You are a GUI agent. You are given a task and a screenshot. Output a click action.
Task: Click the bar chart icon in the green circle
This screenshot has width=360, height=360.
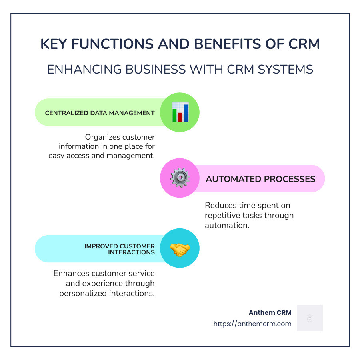(180, 112)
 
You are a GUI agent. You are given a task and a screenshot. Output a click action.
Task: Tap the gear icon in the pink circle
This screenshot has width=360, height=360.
(180, 178)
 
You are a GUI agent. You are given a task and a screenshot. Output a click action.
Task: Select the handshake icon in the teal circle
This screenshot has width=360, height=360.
(180, 249)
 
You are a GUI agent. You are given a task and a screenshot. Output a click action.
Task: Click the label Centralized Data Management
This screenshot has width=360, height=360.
(100, 113)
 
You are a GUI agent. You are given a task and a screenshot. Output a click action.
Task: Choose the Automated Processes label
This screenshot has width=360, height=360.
(260, 179)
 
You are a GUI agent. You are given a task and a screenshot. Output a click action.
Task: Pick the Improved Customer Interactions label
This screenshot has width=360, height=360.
(120, 249)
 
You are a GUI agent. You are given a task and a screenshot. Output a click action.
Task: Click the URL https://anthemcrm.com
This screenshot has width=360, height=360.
(252, 324)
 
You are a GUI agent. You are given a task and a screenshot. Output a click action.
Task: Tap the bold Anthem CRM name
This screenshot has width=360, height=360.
(270, 312)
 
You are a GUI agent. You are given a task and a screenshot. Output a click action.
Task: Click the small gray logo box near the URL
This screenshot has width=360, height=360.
(310, 318)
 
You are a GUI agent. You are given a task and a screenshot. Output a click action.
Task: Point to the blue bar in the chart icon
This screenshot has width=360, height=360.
(186, 113)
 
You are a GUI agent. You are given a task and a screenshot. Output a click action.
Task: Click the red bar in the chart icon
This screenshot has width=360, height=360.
(180, 117)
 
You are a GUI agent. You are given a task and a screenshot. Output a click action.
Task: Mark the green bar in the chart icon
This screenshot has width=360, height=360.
(174, 115)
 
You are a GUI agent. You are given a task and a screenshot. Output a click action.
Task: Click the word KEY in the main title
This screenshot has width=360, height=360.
(55, 44)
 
